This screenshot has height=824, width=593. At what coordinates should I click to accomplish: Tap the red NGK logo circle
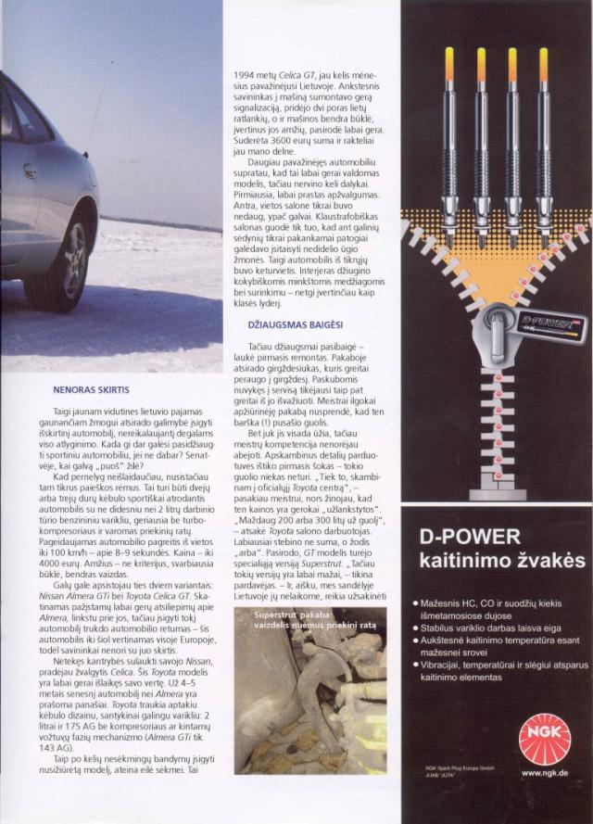pyautogui.click(x=544, y=729)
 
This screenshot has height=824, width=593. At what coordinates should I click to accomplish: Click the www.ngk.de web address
pyautogui.click(x=544, y=772)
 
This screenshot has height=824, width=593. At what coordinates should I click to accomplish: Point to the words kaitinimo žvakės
pyautogui.click(x=489, y=561)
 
